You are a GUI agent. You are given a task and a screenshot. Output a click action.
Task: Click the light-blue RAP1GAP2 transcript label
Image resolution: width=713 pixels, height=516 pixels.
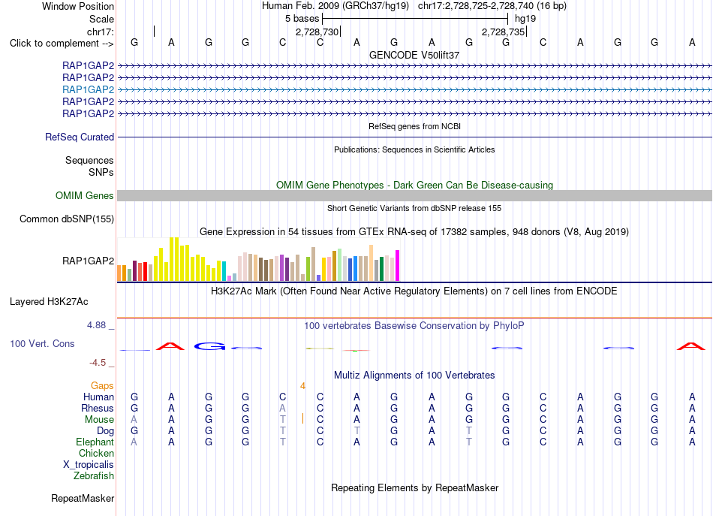tap(89, 89)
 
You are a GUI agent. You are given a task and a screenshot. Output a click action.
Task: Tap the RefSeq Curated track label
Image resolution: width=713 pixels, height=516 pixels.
tap(80, 137)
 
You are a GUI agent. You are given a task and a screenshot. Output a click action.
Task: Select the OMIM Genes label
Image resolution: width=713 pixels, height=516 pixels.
tap(85, 196)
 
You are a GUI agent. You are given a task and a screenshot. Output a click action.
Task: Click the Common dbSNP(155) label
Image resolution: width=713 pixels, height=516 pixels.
tap(67, 219)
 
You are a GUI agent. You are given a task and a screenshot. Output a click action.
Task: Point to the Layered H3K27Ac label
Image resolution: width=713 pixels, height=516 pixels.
tap(49, 302)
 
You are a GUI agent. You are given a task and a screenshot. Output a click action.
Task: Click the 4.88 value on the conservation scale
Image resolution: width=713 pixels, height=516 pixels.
tap(96, 325)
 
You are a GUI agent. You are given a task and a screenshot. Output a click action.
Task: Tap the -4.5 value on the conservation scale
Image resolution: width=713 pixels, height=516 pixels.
tap(98, 363)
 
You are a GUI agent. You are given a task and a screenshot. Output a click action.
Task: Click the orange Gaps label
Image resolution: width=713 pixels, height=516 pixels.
tap(102, 386)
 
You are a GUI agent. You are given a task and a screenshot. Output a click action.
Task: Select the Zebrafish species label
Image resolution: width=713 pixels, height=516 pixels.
tap(94, 476)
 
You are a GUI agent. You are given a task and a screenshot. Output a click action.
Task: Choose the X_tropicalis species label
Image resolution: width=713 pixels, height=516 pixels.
tap(89, 465)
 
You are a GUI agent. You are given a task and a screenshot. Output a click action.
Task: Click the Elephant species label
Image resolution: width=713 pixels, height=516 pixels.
tap(95, 442)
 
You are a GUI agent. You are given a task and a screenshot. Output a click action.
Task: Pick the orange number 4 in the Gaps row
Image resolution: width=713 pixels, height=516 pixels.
tap(303, 386)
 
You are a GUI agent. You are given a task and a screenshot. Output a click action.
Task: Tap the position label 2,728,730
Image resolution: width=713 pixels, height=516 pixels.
tap(317, 32)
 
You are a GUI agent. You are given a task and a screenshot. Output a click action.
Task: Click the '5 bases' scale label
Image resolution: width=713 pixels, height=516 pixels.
tap(302, 19)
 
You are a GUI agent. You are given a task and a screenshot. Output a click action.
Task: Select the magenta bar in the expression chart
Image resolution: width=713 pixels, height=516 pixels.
tap(398, 266)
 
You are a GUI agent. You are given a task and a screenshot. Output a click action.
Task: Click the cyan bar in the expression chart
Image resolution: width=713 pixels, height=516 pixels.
tap(224, 271)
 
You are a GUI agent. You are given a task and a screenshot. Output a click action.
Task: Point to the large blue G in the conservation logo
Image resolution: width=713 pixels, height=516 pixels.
tap(209, 346)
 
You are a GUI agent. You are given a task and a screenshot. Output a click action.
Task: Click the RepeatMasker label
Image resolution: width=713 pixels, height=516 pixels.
tap(83, 499)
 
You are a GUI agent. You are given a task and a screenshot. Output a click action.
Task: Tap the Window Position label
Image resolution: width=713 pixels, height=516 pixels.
tap(78, 6)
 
